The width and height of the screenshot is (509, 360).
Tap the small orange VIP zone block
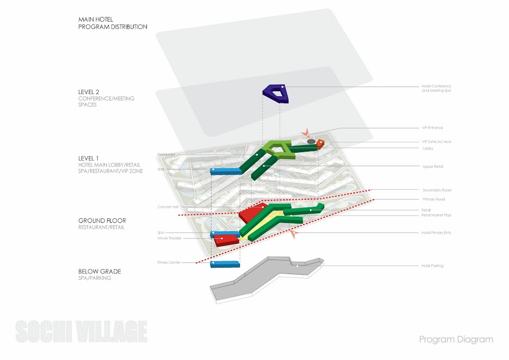tap(320, 143)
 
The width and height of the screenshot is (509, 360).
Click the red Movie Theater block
tap(224, 240)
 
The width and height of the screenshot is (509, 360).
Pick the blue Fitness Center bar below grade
tap(225, 264)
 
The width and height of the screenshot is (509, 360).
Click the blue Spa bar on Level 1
tap(225, 171)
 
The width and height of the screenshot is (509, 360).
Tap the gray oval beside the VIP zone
tap(311, 141)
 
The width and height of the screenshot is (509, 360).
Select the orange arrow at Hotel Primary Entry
tap(293, 234)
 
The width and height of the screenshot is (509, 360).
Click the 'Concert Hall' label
tap(167, 207)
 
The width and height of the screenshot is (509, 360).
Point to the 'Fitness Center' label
tap(169, 262)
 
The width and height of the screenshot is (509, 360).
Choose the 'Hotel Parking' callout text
tap(432, 266)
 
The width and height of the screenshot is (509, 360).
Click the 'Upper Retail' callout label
tap(432, 167)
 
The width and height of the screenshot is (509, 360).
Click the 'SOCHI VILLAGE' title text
tap(81, 332)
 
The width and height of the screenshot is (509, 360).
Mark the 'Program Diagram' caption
tap(456, 339)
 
